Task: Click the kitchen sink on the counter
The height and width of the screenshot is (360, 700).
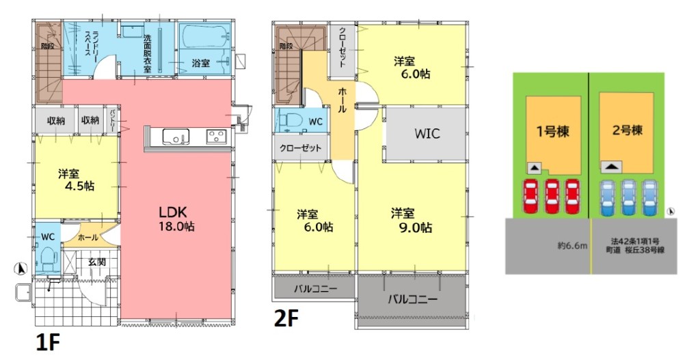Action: [x=176, y=136]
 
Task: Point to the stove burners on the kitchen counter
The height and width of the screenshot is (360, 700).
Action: [x=217, y=136]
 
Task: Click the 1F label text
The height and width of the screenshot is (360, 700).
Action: [x=47, y=343]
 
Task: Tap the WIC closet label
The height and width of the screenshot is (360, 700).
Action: [x=427, y=133]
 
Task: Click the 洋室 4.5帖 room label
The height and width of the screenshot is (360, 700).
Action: [x=76, y=180]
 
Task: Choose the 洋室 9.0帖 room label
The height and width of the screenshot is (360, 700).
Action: [x=412, y=221]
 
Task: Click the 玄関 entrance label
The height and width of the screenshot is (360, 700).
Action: [x=97, y=262]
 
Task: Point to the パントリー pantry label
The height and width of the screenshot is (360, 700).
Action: [x=112, y=120]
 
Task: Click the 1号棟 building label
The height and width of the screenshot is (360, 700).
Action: [x=552, y=131]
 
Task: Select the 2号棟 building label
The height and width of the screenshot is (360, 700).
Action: [x=628, y=130]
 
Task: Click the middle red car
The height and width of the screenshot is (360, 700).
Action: [x=552, y=197]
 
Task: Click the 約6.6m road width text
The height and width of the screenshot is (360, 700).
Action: [x=572, y=245]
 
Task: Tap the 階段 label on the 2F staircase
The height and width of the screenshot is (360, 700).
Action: [x=286, y=46]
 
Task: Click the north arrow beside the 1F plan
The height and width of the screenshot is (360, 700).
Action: [x=21, y=268]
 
